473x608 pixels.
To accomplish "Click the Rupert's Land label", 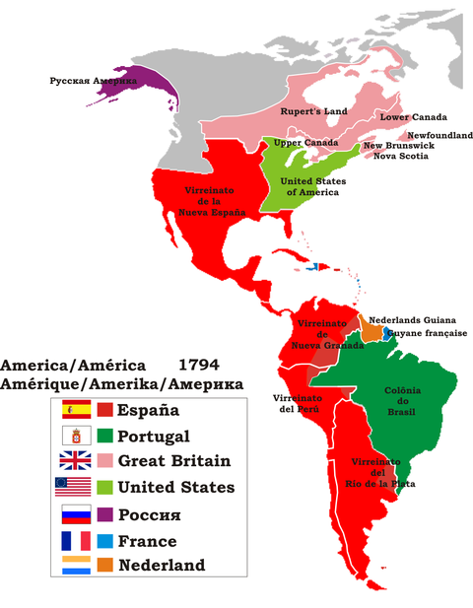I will (312, 112).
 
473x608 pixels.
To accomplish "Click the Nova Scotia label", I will (401, 156).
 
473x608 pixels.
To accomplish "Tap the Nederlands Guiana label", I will (410, 320).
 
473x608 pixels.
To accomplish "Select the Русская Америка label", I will (93, 80).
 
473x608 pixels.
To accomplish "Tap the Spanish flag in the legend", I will (76, 410).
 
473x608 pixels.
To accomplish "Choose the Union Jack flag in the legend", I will (76, 460).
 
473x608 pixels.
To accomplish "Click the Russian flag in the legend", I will (76, 513).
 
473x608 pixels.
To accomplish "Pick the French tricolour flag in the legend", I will (76, 540).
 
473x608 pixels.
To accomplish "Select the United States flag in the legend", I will (76, 487).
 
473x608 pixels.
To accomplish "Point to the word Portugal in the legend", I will (154, 436).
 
